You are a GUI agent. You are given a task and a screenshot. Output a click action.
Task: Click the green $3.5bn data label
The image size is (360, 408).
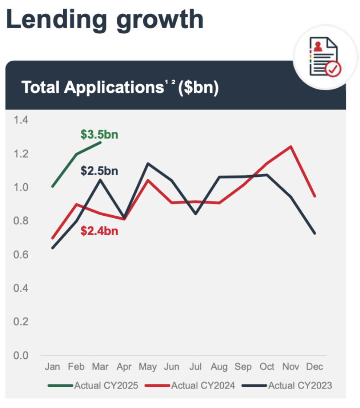(99, 134)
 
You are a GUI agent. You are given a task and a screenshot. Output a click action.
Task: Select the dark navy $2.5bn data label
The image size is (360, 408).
(99, 171)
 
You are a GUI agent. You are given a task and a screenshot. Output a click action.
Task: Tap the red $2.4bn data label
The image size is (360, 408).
(99, 231)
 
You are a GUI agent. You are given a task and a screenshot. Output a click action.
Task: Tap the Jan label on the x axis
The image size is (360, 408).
(52, 367)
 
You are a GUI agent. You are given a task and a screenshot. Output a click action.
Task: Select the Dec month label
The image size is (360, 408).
(315, 367)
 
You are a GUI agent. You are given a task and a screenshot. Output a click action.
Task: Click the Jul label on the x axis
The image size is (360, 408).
(196, 367)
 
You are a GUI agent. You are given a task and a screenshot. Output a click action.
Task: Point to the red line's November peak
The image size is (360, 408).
(291, 147)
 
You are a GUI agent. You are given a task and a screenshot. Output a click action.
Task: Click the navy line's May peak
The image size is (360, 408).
(148, 163)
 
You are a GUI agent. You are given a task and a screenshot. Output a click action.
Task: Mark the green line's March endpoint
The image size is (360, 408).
(100, 142)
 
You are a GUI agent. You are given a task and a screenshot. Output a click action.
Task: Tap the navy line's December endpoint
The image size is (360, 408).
(315, 233)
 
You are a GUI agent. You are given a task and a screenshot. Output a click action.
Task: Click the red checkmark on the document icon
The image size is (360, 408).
(333, 68)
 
